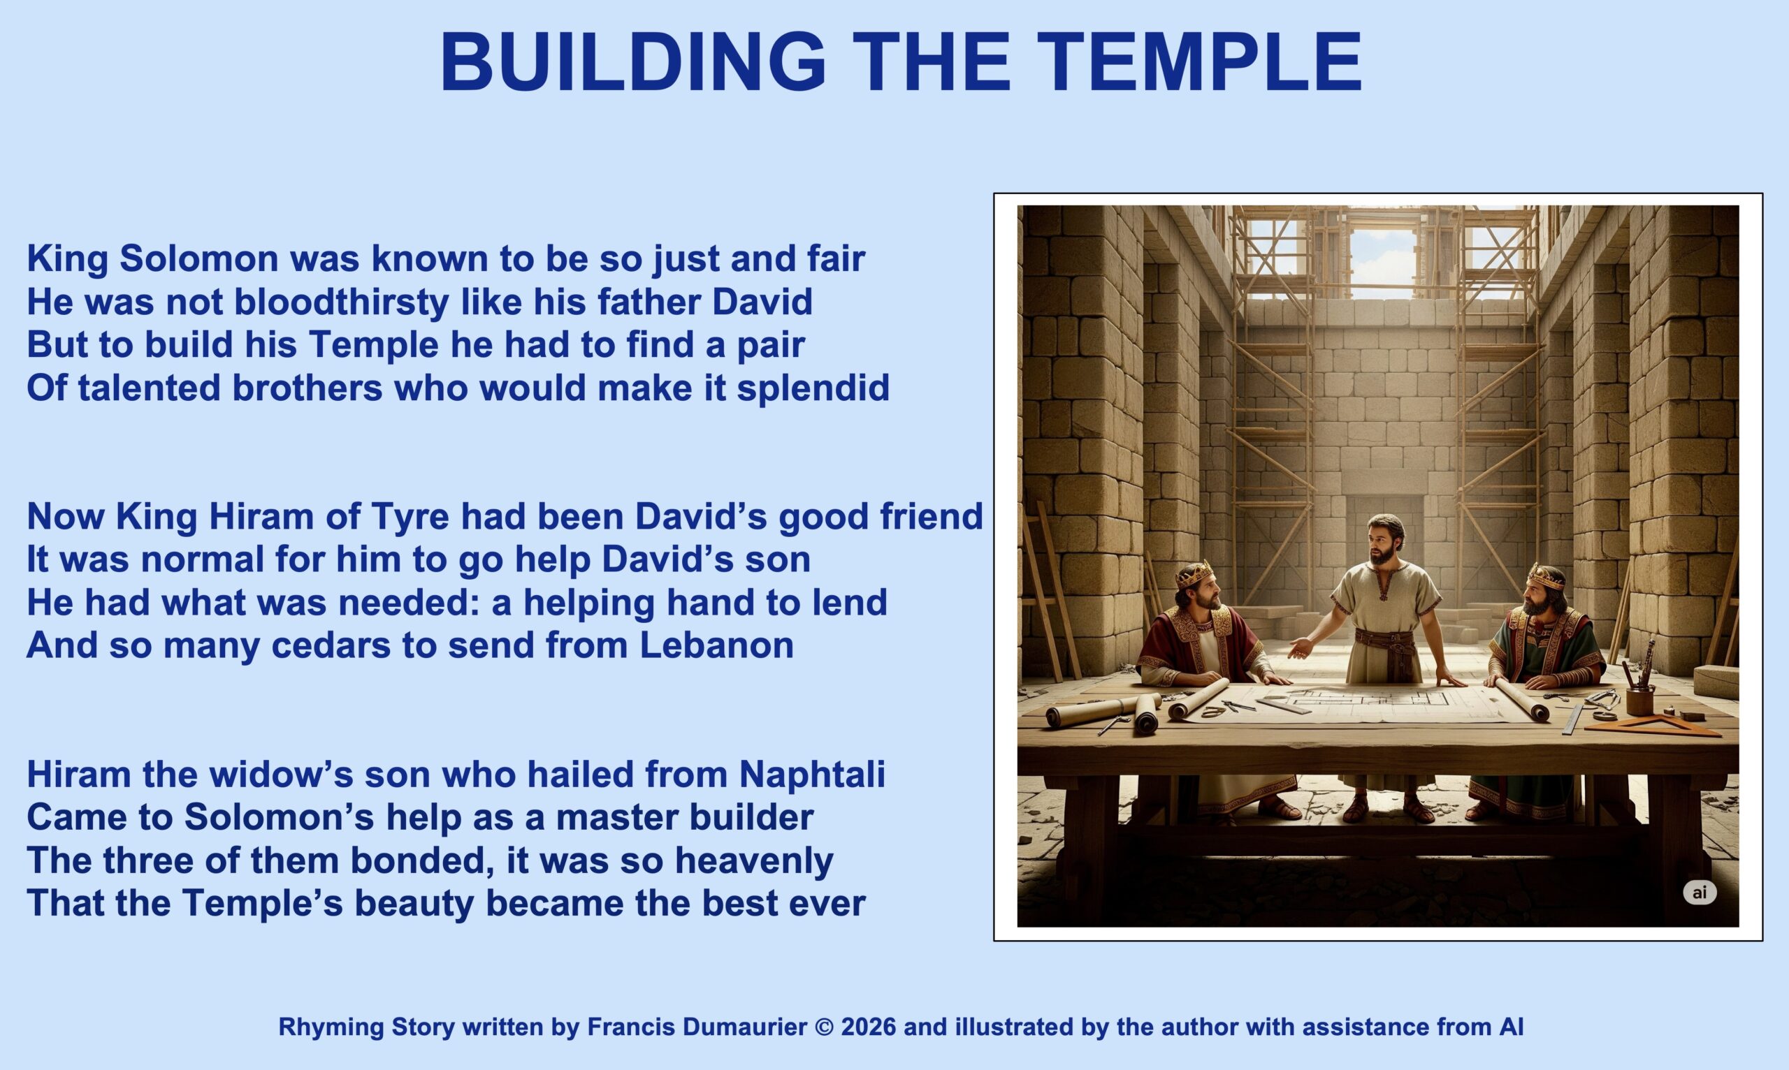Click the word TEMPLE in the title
[1199, 63]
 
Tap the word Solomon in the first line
[199, 258]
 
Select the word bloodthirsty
[342, 302]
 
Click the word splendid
[813, 388]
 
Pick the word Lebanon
[716, 645]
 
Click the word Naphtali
[811, 775]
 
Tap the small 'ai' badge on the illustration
[1700, 893]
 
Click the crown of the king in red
[1194, 573]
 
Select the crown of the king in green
[1545, 576]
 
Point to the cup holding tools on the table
[1639, 700]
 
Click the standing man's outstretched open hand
[1299, 647]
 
